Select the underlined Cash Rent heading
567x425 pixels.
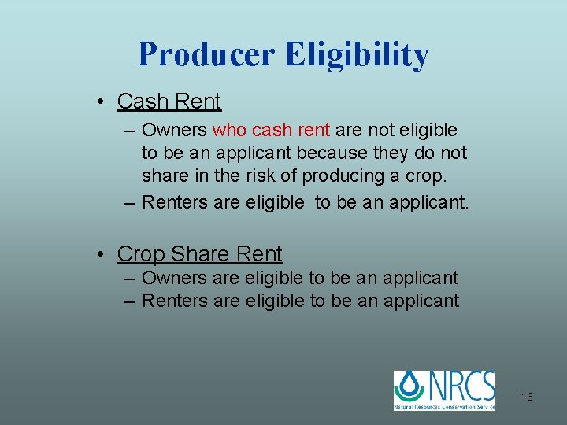[169, 102]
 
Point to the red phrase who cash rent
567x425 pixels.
[272, 130]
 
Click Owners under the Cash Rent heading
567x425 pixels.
[174, 130]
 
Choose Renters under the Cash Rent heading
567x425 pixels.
[175, 202]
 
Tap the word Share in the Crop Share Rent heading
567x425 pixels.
[198, 254]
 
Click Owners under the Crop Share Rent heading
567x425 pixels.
[174, 278]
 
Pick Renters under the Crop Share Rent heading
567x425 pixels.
[175, 301]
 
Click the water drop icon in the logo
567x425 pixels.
[409, 387]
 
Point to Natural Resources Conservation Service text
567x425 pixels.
[445, 406]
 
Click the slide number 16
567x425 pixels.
[527, 397]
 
